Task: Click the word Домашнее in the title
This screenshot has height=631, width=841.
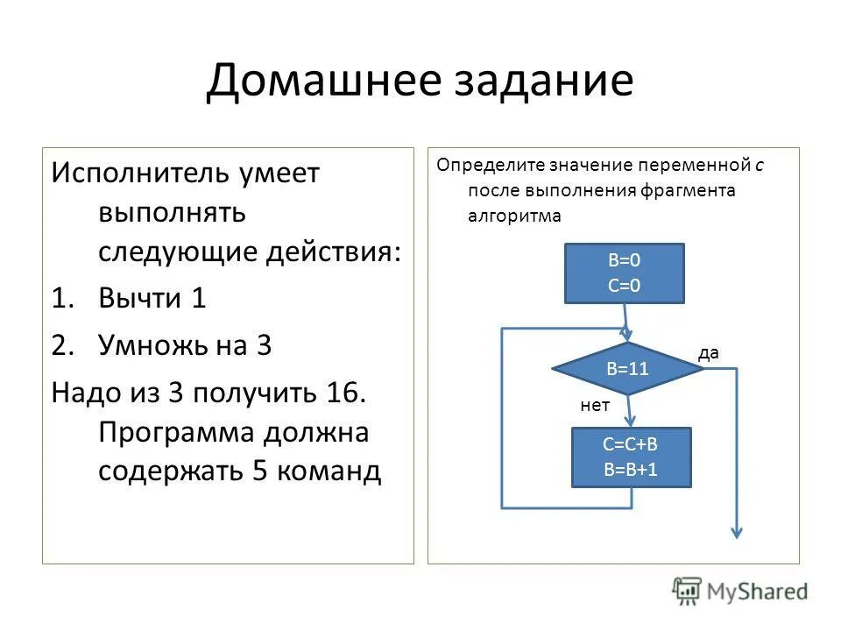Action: [316, 82]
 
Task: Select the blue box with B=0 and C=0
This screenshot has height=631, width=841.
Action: [623, 273]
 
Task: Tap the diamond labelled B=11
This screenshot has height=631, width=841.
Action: [627, 369]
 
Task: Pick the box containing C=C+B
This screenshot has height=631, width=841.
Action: [631, 457]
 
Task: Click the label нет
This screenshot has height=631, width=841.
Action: [595, 405]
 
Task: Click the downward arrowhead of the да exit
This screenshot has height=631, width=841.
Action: [738, 532]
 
